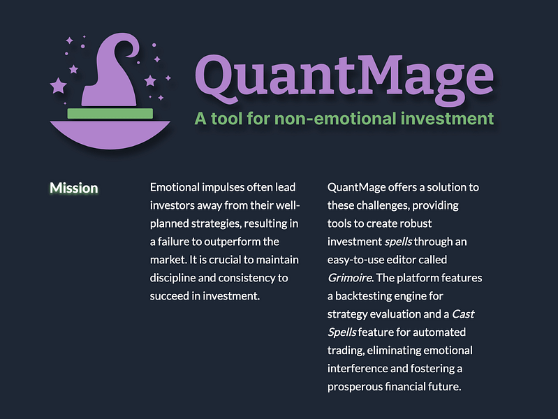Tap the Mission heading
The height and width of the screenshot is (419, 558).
click(73, 188)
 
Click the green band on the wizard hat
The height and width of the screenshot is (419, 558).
click(110, 113)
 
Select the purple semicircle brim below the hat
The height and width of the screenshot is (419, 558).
click(110, 133)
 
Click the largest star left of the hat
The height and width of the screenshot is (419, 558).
click(59, 85)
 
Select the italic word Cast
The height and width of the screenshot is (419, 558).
click(463, 314)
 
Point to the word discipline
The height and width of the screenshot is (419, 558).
click(174, 278)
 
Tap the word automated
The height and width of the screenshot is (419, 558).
click(440, 332)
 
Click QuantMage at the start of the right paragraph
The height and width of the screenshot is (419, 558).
click(356, 188)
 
